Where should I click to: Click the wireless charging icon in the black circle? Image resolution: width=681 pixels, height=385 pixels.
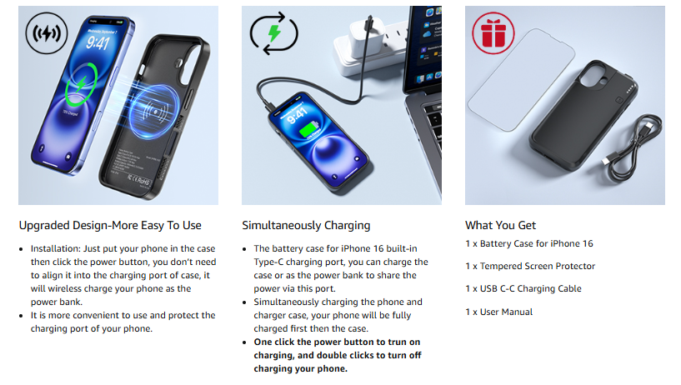[47, 33]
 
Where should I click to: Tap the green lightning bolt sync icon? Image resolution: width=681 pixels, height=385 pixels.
[273, 33]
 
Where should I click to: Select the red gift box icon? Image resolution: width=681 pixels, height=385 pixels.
[493, 33]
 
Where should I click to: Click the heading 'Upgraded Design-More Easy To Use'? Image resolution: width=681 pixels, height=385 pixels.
[110, 226]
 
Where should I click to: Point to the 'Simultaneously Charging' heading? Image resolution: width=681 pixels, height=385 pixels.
[306, 226]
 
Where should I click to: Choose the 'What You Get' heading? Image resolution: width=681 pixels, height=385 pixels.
[500, 225]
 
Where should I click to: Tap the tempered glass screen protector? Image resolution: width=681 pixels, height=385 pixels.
[521, 79]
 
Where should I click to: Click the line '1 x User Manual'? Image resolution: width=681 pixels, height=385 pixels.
[498, 312]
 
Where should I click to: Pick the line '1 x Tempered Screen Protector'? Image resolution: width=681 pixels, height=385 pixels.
[530, 266]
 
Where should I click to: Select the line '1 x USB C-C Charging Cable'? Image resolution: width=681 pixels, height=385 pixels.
[523, 288]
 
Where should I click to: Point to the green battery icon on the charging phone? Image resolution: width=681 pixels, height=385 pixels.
[309, 130]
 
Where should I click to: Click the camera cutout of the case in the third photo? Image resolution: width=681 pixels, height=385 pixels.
[593, 77]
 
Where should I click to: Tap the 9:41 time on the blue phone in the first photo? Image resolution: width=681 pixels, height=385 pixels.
[98, 42]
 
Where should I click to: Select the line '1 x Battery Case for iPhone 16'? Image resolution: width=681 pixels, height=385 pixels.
[529, 243]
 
